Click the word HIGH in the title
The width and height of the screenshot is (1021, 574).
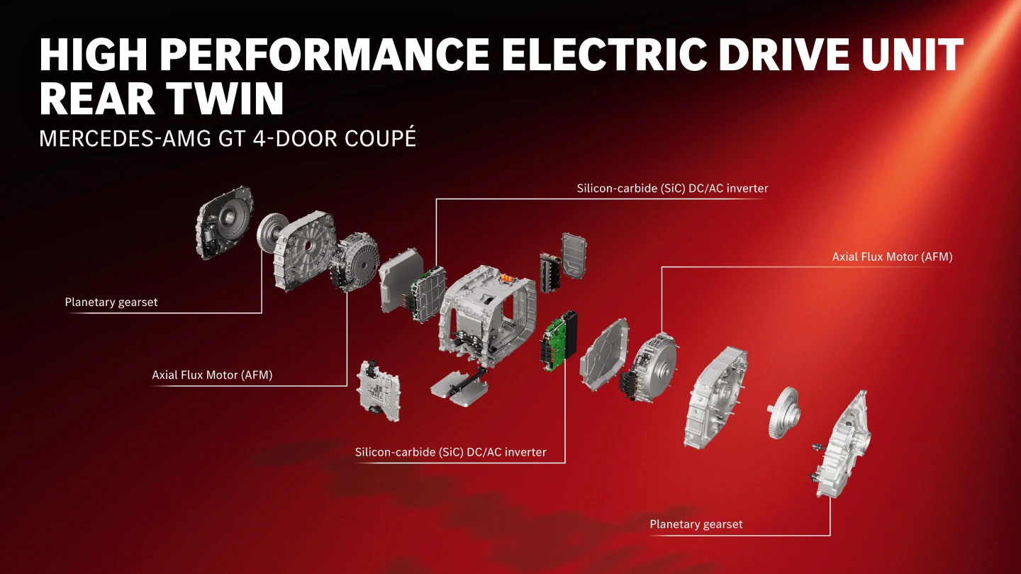point(94,55)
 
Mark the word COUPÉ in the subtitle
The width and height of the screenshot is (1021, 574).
point(380,137)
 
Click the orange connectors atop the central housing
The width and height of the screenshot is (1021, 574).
point(508,277)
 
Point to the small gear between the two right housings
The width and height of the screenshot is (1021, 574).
point(783,412)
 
